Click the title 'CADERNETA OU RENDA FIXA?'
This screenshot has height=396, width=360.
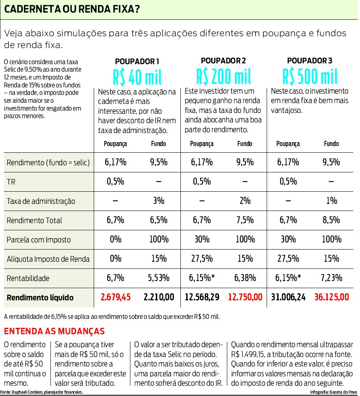(72, 9)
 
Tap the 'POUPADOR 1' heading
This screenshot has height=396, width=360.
(137, 61)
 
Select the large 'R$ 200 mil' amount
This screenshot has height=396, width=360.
(223, 76)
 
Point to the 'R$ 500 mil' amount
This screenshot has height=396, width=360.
(310, 76)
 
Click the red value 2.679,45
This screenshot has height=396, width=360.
(115, 297)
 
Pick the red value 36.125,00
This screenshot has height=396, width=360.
(331, 297)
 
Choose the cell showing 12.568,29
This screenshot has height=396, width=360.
(202, 297)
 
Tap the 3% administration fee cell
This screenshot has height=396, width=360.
(158, 201)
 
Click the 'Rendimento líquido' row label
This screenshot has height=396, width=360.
(40, 298)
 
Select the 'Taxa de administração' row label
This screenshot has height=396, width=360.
(41, 201)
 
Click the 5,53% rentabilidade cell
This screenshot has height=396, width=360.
(158, 278)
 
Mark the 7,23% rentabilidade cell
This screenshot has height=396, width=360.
(331, 278)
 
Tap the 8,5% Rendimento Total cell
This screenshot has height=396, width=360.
(331, 220)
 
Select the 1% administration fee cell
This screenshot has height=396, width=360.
(331, 201)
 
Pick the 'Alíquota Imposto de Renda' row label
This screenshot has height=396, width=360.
(48, 259)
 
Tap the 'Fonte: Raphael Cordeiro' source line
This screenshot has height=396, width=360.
(42, 392)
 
